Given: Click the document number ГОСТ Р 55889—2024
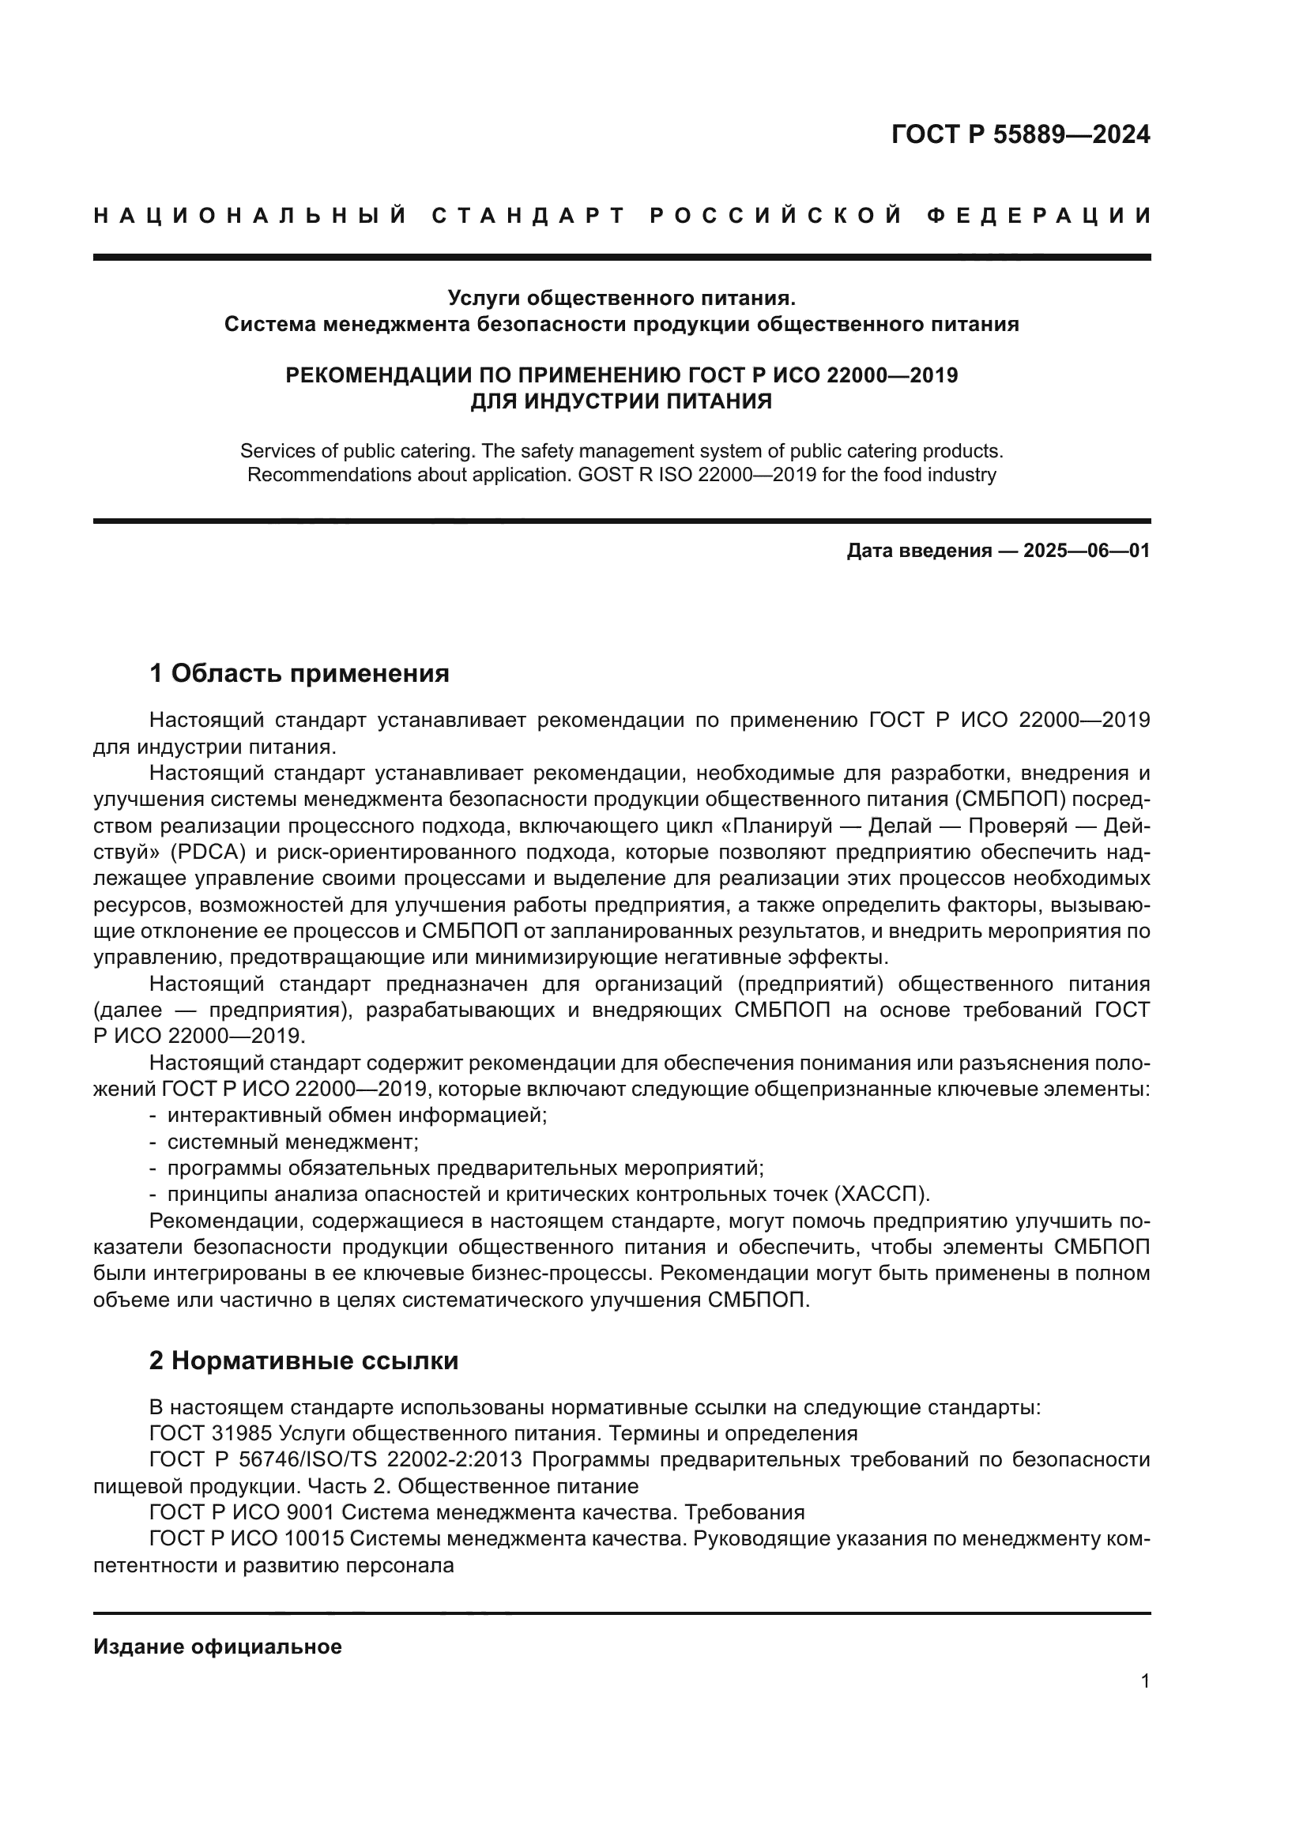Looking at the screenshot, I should pos(1019,134).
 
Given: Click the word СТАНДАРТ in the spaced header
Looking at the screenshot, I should pos(529,216).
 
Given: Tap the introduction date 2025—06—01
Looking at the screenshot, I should pos(1086,551).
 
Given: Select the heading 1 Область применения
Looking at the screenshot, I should pos(299,672).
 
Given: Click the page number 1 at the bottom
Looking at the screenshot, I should pos(1144,1681).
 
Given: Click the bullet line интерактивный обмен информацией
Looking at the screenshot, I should pos(356,1116).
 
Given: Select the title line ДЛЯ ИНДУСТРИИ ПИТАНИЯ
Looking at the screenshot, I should pos(620,401).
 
